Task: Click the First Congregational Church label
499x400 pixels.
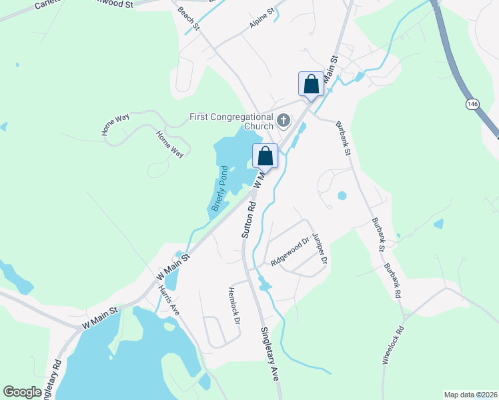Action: click(231, 121)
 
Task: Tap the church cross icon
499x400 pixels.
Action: click(284, 121)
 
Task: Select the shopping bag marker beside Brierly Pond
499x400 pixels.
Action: click(266, 157)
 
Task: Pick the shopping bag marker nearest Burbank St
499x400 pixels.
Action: click(311, 85)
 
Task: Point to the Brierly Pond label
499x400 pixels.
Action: click(221, 189)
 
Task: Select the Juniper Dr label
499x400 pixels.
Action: click(320, 248)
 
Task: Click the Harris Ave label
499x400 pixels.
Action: click(169, 300)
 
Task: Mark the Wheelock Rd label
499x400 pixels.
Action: click(393, 344)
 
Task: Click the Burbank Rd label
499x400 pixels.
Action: click(392, 279)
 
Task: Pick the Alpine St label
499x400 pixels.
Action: click(262, 18)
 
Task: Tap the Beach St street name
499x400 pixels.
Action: click(189, 18)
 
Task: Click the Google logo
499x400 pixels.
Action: click(23, 392)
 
